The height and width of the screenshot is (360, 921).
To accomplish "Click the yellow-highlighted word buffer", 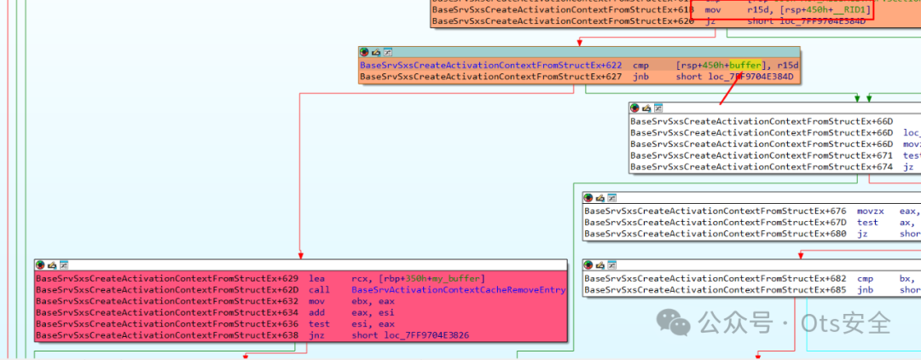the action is pyautogui.click(x=744, y=65).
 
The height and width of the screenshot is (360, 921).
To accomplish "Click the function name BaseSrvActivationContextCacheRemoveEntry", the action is pyautogui.click(x=458, y=290).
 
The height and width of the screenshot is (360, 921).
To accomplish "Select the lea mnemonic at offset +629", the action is pyautogui.click(x=318, y=278).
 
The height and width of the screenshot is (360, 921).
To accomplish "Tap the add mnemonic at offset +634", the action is pyautogui.click(x=318, y=313).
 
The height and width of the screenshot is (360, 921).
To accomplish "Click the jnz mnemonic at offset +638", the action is pyautogui.click(x=318, y=335).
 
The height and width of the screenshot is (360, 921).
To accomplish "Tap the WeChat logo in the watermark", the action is pyautogui.click(x=680, y=323).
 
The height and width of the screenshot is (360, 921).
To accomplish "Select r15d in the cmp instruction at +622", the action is pyautogui.click(x=788, y=65).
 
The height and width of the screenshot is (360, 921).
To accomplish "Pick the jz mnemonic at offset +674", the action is pyautogui.click(x=908, y=167).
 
